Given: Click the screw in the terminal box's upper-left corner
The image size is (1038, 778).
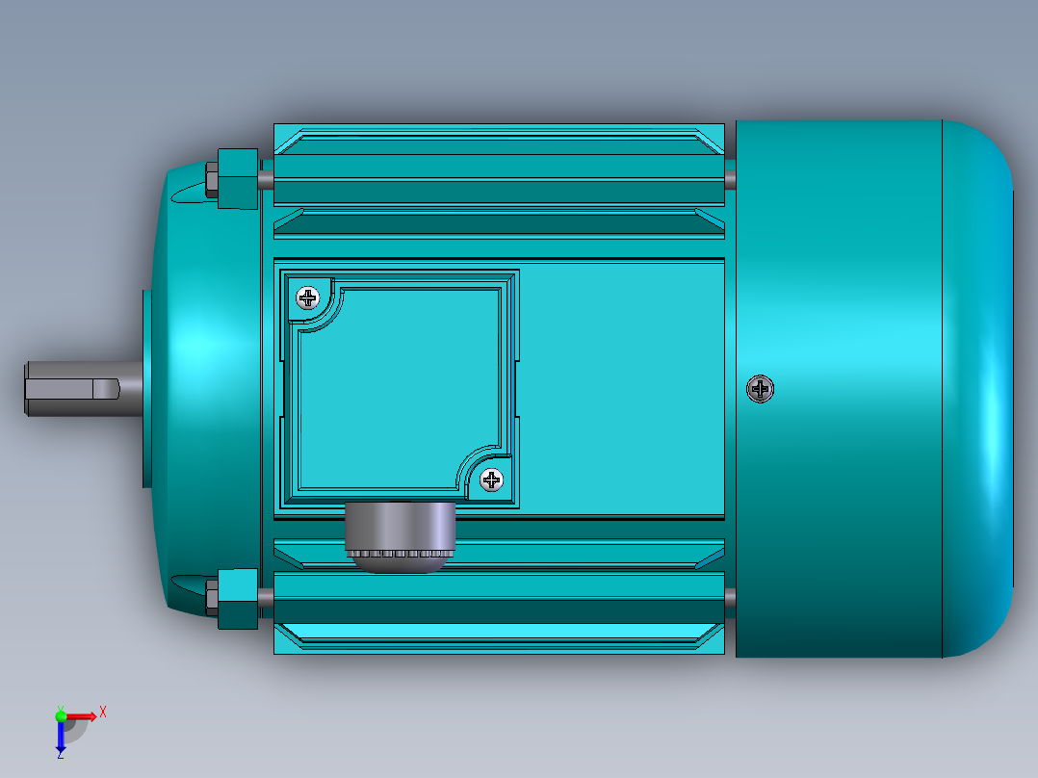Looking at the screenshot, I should pyautogui.click(x=307, y=297).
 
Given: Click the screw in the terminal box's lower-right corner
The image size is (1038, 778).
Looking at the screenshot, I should pyautogui.click(x=491, y=480).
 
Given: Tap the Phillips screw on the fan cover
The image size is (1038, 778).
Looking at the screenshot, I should pyautogui.click(x=761, y=389).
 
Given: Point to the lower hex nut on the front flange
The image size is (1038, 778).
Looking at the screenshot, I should pyautogui.click(x=236, y=598).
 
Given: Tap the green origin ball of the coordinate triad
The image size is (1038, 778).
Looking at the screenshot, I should pyautogui.click(x=61, y=714).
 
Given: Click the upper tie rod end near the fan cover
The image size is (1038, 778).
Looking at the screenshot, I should pyautogui.click(x=730, y=178).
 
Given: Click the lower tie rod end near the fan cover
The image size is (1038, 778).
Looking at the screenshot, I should pyautogui.click(x=730, y=597).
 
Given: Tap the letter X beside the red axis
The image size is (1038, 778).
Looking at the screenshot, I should pyautogui.click(x=103, y=712).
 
